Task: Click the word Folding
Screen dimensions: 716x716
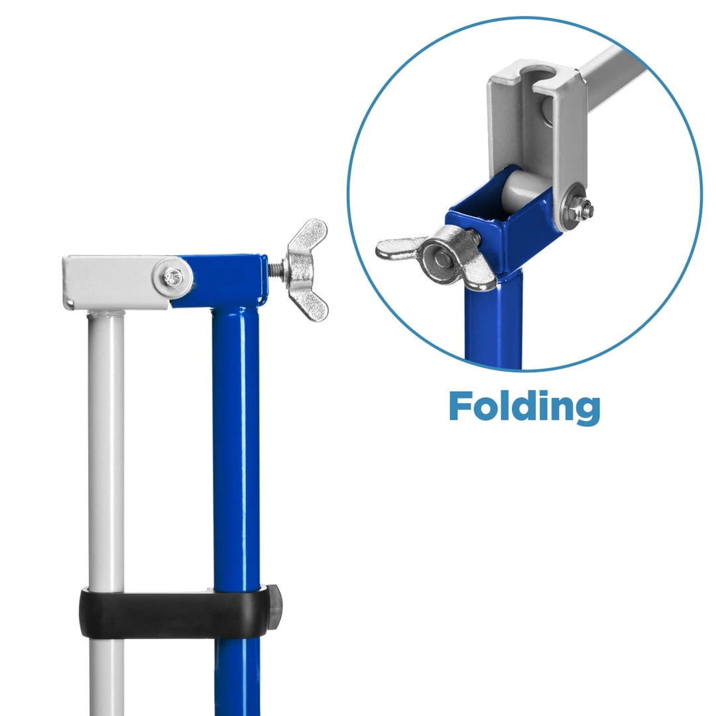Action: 524,407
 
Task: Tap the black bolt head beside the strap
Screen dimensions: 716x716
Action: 273,607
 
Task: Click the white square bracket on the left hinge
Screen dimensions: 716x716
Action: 114,282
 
